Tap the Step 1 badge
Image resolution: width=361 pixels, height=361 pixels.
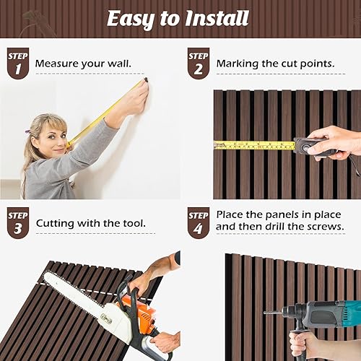click(x=17, y=63)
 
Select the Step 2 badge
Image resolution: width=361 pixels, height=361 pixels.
click(x=198, y=63)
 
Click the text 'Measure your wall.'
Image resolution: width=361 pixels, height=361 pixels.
click(x=83, y=64)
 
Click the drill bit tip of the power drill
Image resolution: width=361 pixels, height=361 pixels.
click(x=266, y=313)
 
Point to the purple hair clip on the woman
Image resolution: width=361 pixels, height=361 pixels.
click(x=27, y=132)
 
